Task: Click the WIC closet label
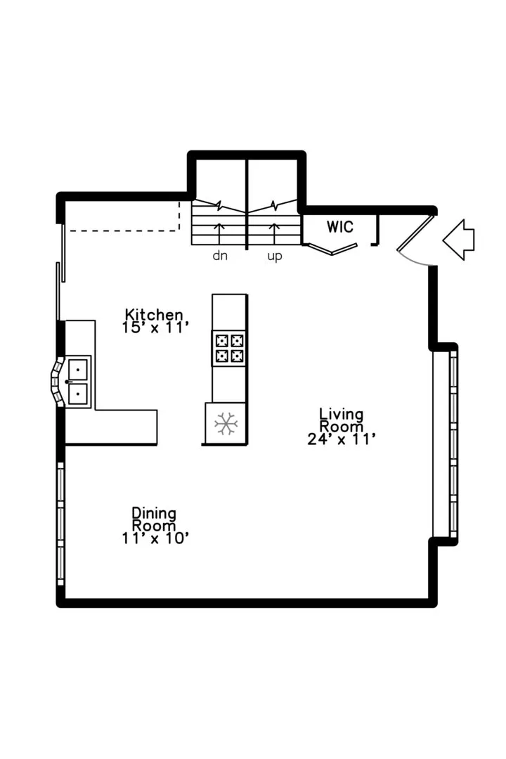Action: [340, 226]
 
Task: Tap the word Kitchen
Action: [154, 315]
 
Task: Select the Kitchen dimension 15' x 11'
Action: [155, 327]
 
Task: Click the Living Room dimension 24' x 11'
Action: [342, 439]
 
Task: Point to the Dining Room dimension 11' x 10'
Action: [155, 538]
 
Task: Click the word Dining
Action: [154, 513]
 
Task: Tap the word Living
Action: [342, 414]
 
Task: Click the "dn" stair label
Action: [220, 255]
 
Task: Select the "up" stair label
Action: [275, 256]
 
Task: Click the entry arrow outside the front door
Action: [458, 240]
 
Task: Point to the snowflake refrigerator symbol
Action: [226, 424]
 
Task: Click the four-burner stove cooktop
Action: [230, 348]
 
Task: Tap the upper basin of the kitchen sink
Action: [78, 370]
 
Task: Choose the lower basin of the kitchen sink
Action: [78, 394]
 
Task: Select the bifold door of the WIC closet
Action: [332, 249]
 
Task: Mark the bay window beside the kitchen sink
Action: [58, 382]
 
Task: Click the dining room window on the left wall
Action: [60, 524]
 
